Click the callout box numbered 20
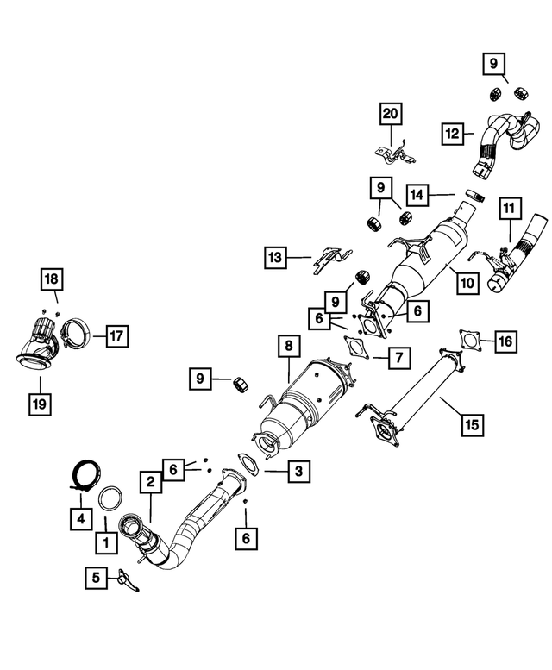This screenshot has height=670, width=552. pos(390,113)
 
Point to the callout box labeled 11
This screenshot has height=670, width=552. pos(509,208)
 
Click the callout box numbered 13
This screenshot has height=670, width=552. pos(275,257)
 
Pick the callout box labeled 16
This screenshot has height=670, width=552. pos(505,341)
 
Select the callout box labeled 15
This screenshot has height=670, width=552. pos(471,424)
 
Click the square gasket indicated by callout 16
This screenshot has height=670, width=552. pos(471,341)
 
